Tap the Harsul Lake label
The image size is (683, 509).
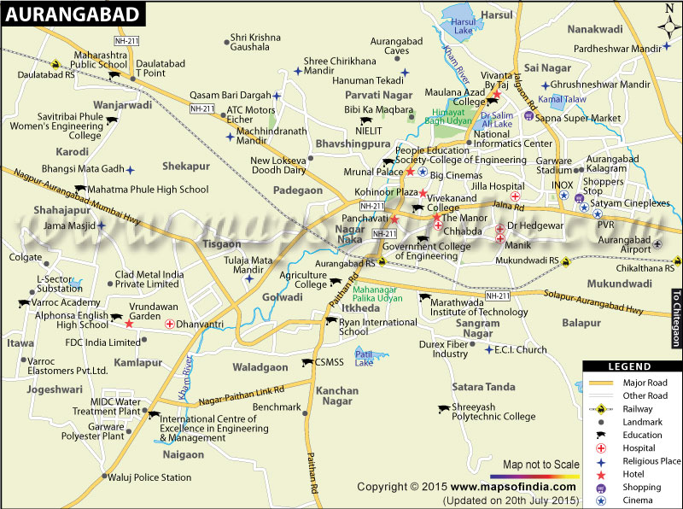(x=462, y=25)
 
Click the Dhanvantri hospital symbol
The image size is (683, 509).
(x=170, y=324)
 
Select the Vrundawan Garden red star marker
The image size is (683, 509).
(x=129, y=324)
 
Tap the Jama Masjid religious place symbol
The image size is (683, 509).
(x=101, y=225)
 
